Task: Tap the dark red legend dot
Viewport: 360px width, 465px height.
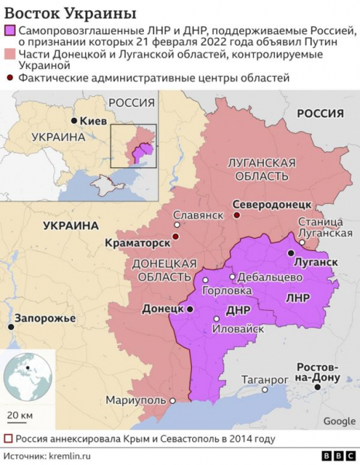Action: coord(9,78)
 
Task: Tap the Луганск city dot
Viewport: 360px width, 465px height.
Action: coord(290,253)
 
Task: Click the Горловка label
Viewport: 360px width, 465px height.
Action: coord(226,291)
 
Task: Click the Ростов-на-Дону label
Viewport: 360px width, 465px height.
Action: coord(319,371)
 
